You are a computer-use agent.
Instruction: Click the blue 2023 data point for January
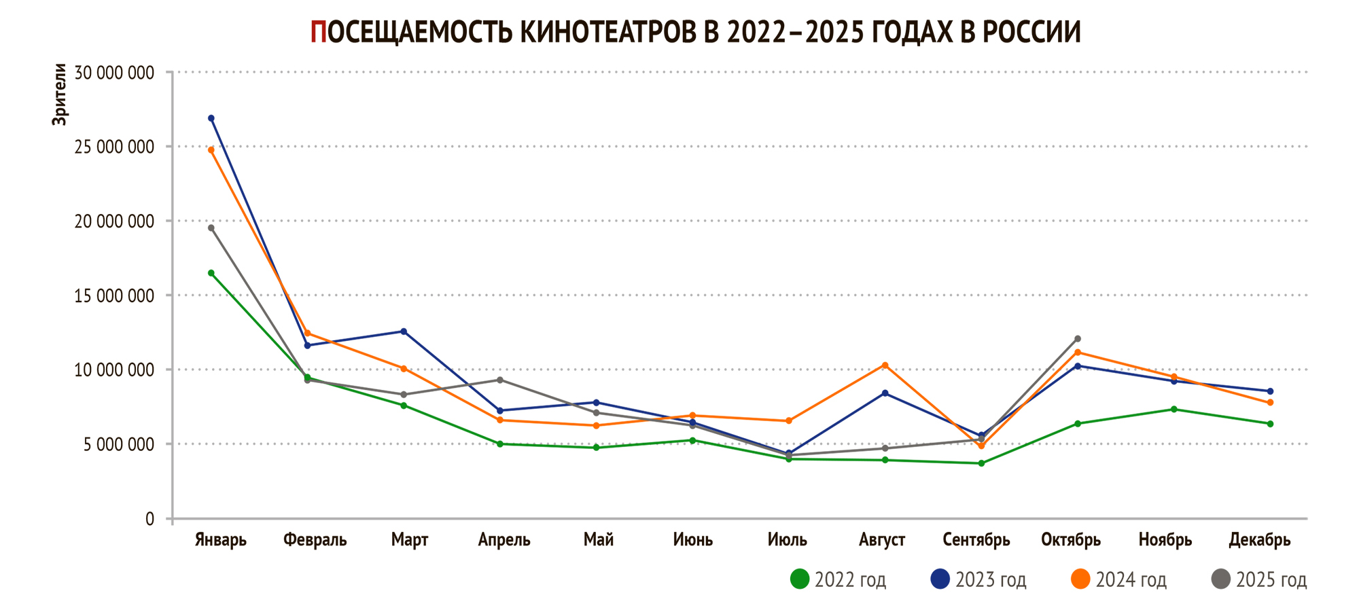coord(211,118)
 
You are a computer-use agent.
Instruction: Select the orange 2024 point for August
coord(885,365)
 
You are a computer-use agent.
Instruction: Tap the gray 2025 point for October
coord(1078,339)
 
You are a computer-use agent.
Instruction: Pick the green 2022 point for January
coord(211,273)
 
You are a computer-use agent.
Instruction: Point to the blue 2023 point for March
coord(404,331)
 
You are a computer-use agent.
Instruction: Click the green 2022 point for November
coord(1173,409)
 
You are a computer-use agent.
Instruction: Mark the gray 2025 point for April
coord(500,380)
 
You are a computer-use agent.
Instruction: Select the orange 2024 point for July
coord(789,421)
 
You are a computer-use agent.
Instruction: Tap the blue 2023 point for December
coord(1270,391)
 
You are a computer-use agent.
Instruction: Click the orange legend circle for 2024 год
coord(1080,579)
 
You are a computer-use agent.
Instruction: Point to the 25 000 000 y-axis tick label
coord(114,147)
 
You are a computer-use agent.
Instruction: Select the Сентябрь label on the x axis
coord(976,540)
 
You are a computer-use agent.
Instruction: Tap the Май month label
coord(599,540)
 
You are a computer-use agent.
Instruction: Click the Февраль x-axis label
coord(315,540)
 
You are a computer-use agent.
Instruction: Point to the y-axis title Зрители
coord(60,94)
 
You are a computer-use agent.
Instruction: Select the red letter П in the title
coord(318,32)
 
